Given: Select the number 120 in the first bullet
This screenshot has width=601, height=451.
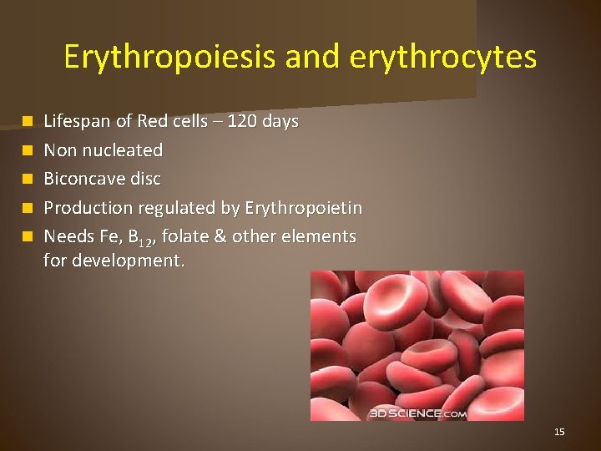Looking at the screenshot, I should click(x=243, y=122).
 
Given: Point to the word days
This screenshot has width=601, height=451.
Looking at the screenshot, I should click(x=280, y=122).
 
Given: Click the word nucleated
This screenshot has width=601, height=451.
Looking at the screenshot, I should click(x=123, y=150).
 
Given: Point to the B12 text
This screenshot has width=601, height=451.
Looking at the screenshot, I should click(x=136, y=237).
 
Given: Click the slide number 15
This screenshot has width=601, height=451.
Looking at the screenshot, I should click(x=559, y=432).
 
